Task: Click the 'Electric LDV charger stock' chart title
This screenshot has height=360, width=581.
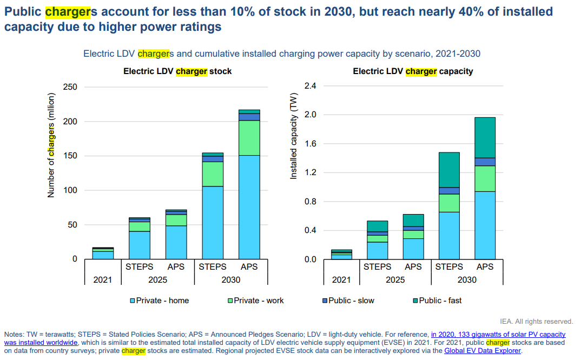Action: point(177,71)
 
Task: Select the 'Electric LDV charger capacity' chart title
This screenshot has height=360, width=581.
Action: point(413,71)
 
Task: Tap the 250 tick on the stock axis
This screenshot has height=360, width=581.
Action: point(70,87)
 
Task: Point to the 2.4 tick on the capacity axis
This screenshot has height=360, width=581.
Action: point(310,86)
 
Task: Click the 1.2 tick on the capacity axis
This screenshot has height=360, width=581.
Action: point(310,172)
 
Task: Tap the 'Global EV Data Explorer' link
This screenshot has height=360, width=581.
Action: point(483,350)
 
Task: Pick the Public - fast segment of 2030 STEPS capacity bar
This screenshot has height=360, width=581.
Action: point(449,170)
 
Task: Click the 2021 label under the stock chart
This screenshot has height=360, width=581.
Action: point(102,280)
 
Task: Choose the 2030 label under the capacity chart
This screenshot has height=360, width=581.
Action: point(467,280)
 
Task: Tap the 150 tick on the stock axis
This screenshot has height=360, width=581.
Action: point(70,156)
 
